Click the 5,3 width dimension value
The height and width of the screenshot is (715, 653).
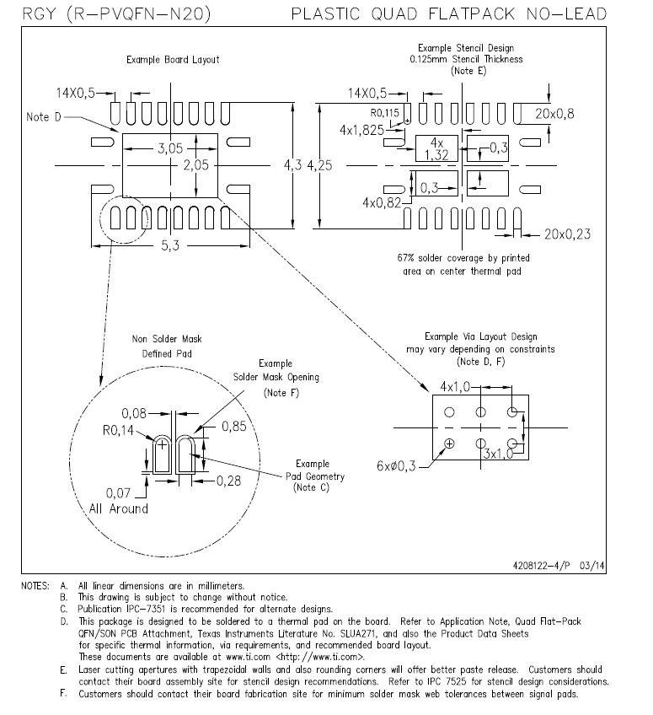point(170,246)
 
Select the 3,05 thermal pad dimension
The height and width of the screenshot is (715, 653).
point(170,148)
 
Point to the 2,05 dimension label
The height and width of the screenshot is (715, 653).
point(196,164)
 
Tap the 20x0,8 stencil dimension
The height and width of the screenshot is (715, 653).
point(554,114)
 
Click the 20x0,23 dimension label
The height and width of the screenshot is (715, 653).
point(567,234)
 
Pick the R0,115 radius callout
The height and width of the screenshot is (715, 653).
point(384,113)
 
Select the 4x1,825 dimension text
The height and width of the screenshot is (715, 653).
point(361,131)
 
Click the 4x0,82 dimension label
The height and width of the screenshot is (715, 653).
point(382,202)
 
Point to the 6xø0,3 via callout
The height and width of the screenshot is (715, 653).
point(396,466)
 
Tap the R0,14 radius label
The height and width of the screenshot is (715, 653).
point(118,431)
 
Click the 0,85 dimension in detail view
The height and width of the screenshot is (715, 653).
point(233,427)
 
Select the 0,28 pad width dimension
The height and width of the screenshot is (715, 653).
point(228,481)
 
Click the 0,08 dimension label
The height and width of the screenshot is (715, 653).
point(134,414)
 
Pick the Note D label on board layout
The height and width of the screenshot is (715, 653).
point(43,117)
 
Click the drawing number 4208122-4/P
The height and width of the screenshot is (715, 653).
point(541,566)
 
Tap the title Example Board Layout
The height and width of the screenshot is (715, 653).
point(173,60)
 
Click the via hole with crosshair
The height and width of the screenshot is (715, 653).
point(449,444)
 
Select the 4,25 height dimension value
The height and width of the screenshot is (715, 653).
point(319,165)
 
